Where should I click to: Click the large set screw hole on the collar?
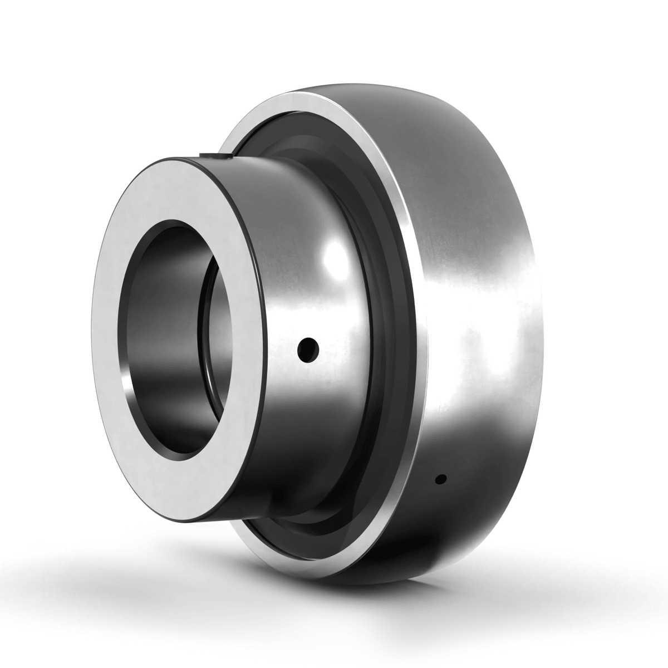[x=308, y=349]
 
